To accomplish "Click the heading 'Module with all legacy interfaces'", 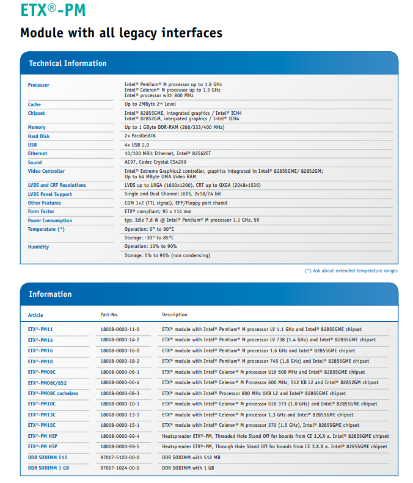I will [x=121, y=33].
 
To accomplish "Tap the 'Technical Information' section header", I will [x=68, y=64].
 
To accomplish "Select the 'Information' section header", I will [x=50, y=294].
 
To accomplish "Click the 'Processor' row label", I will [x=38, y=85].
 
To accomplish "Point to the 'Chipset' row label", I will [x=37, y=113].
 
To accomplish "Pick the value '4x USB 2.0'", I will [x=137, y=145].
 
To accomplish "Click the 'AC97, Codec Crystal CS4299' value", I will [x=156, y=162].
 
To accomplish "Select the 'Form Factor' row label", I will [x=42, y=212].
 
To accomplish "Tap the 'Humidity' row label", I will [x=38, y=247].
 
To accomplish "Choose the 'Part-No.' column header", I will [x=109, y=315].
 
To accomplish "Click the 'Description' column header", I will [x=175, y=315].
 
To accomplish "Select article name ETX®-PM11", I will [x=40, y=330].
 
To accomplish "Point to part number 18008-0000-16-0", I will [x=120, y=351].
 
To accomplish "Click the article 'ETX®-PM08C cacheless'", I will [x=53, y=394].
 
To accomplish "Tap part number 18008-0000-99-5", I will [x=120, y=447].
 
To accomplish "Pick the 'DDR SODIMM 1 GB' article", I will [x=48, y=468].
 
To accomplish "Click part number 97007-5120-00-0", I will [x=120, y=457].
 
